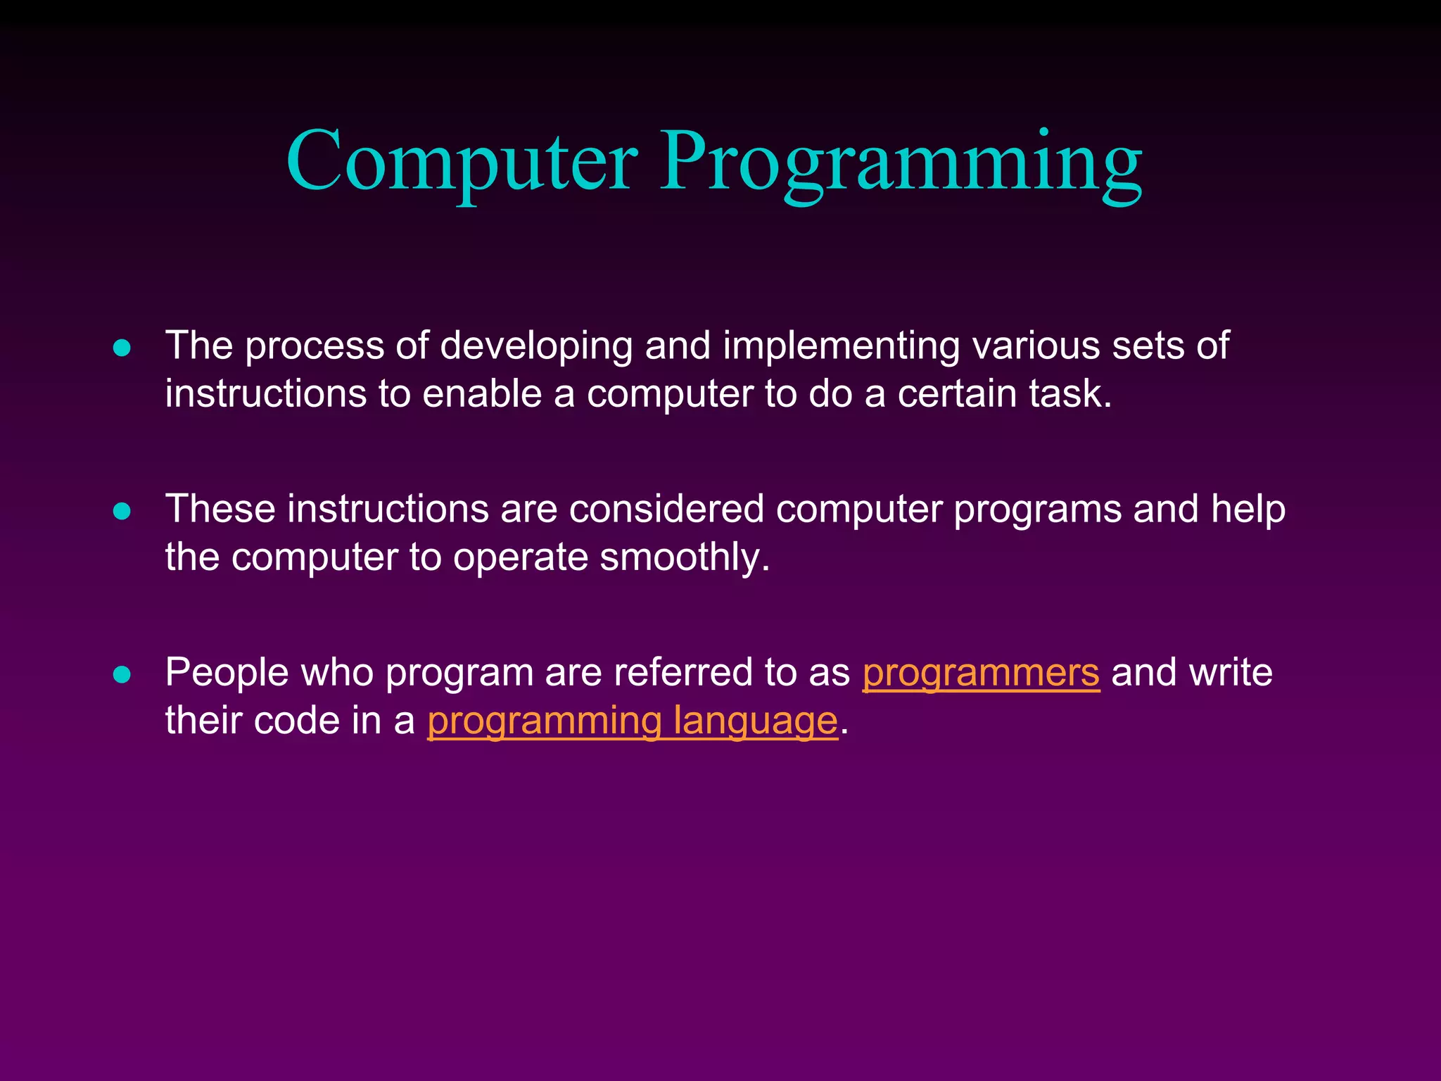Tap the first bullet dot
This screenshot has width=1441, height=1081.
click(122, 348)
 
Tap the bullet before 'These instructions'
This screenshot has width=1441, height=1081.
click(122, 511)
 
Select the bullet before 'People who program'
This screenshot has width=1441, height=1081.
click(122, 674)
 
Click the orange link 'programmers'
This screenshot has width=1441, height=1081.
click(981, 673)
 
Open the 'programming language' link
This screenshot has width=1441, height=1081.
click(633, 721)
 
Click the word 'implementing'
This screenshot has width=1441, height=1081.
click(841, 346)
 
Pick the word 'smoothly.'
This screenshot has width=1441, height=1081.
click(685, 557)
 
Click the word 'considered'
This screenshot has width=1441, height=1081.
click(666, 509)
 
